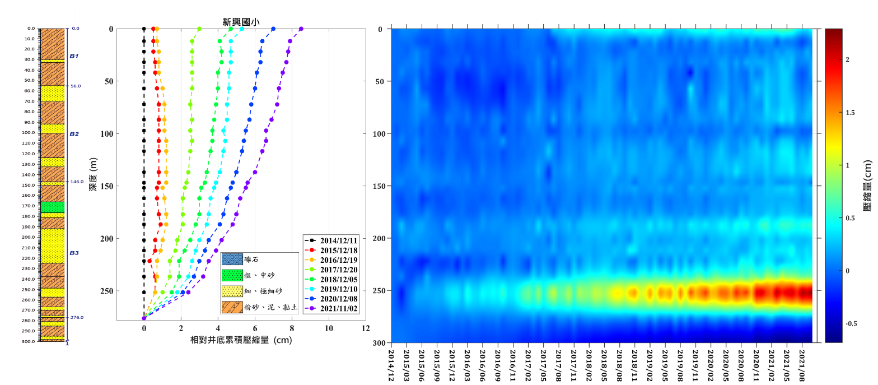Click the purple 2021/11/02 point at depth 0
tap(301, 29)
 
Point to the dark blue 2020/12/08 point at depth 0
tap(273, 29)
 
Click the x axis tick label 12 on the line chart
tap(366, 328)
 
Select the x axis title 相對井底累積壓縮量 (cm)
tap(242, 340)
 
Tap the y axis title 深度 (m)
tap(93, 174)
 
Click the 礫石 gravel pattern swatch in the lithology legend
tap(231, 259)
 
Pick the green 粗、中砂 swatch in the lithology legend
tap(231, 275)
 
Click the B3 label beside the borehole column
tap(74, 253)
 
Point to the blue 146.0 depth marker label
tap(76, 182)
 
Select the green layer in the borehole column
tap(52, 207)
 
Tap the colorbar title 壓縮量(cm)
tap(867, 185)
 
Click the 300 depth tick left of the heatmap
tap(378, 343)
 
